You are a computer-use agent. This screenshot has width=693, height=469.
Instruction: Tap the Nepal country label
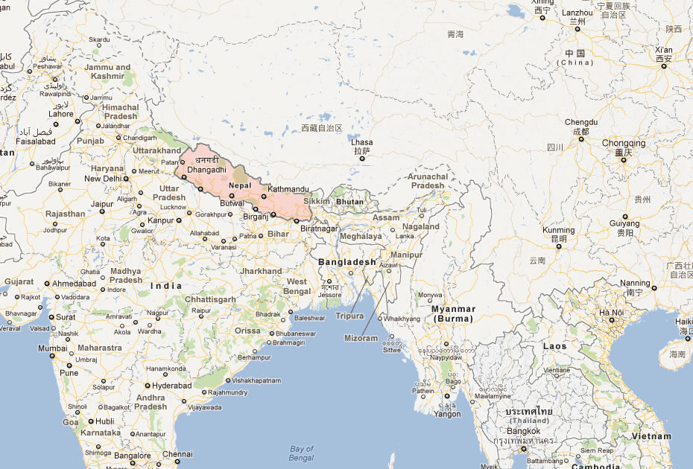239,185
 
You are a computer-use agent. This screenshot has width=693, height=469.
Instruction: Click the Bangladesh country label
347,262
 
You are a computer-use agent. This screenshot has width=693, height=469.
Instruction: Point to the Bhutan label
349,202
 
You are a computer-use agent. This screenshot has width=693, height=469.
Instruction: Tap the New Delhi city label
103,179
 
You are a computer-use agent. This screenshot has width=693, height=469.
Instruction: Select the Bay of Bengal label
302,453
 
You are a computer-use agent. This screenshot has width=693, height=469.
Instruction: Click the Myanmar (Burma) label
453,313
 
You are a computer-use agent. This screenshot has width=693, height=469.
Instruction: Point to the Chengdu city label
581,122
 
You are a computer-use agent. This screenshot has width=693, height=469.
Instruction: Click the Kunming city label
559,231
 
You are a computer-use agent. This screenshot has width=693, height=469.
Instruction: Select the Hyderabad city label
172,386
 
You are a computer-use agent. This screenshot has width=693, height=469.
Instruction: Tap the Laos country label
554,346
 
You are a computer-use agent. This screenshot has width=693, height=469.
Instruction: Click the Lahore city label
61,114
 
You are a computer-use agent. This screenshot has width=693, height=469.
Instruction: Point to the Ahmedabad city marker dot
47,284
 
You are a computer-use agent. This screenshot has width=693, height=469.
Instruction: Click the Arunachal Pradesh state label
427,181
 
